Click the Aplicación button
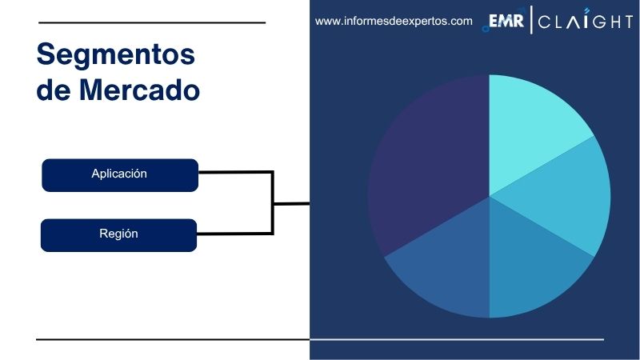pos(119,174)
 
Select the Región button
pos(118,234)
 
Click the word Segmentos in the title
pos(116,54)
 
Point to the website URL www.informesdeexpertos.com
pos(394,22)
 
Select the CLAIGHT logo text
pos(585,22)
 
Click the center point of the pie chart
pos(489,196)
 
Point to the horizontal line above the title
pos(151,22)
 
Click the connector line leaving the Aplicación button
pos(236,171)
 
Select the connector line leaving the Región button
pos(236,234)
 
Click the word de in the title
pos(53,90)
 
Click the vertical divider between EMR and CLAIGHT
pos(530,22)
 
